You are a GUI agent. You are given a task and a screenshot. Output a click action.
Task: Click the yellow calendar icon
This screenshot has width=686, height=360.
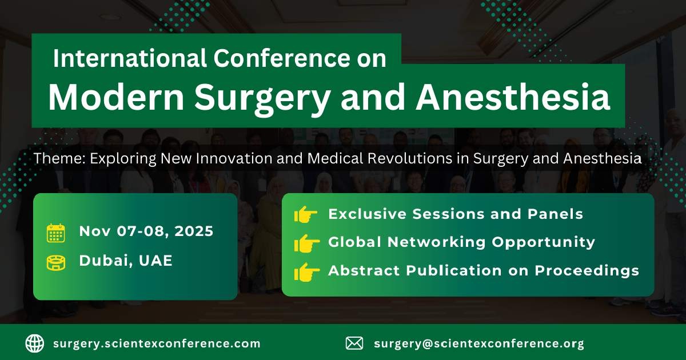click(55, 233)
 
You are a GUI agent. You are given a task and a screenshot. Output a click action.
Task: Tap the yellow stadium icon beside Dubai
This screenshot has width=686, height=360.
click(55, 262)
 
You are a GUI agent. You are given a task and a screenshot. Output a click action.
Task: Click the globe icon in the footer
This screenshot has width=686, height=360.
click(34, 343)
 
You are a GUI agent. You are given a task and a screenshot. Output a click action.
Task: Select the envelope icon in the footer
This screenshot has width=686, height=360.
click(354, 343)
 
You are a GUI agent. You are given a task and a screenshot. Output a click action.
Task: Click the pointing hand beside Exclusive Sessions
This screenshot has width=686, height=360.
click(306, 215)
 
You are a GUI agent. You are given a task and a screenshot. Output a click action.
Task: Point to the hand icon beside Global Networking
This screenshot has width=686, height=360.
click(306, 243)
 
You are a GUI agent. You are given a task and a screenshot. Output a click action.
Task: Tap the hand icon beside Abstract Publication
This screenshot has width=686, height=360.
click(306, 271)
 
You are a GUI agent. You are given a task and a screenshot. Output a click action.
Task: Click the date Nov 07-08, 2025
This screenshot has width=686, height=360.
click(146, 231)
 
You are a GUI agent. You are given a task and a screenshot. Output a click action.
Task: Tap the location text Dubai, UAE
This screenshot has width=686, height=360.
click(126, 261)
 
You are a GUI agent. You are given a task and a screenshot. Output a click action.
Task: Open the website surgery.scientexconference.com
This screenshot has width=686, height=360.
click(157, 344)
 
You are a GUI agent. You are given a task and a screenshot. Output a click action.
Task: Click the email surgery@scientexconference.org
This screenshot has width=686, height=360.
click(479, 344)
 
